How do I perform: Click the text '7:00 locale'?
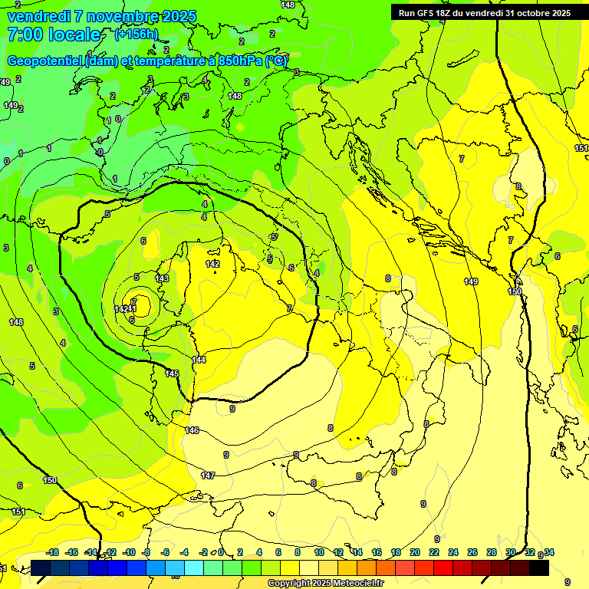(x=54, y=35)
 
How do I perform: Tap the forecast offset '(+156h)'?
(x=137, y=34)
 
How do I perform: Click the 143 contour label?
(x=162, y=278)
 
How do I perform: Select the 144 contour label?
(x=199, y=360)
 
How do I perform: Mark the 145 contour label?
(x=172, y=373)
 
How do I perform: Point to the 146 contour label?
(x=192, y=430)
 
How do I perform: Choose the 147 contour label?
(x=208, y=475)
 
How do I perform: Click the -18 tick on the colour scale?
(x=53, y=552)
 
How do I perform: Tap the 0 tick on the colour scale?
(x=221, y=552)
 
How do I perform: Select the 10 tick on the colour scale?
(x=318, y=552)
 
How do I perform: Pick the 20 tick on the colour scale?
(x=415, y=552)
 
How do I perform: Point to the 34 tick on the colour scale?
(x=549, y=552)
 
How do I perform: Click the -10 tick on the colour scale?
(x=129, y=552)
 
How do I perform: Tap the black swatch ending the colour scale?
(x=539, y=568)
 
